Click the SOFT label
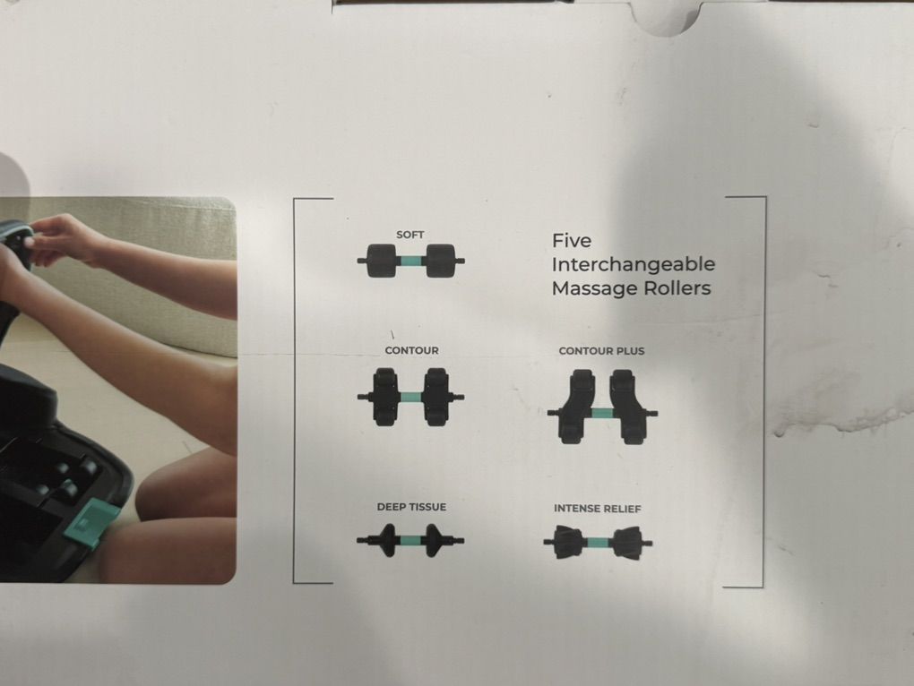coord(410,235)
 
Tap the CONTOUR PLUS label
coord(601,351)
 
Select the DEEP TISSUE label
coord(411,507)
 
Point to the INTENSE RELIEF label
coord(598,509)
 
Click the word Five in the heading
coord(572,241)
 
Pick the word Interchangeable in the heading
coord(634,265)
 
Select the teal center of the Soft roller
coord(411,261)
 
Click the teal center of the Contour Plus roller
coord(601,413)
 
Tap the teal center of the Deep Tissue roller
coord(411,540)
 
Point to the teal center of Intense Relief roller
coord(598,544)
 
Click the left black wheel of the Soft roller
coord(381,261)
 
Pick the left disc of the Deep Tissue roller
coord(387,540)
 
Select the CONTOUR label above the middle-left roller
coord(411,350)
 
